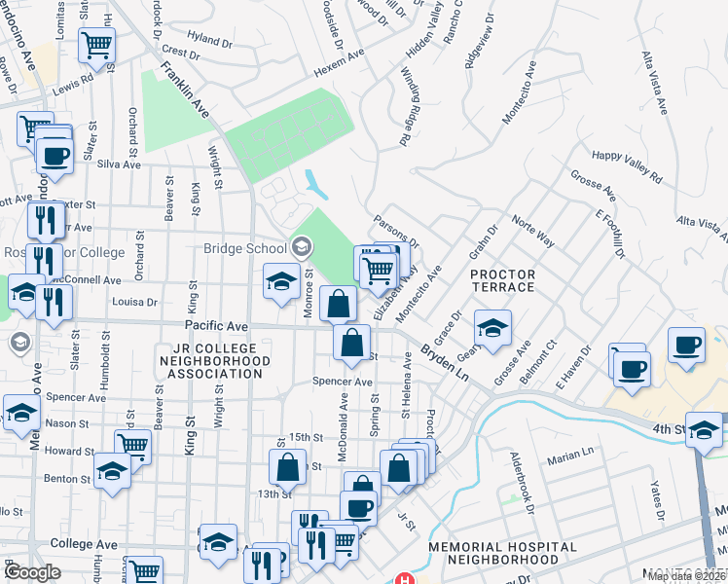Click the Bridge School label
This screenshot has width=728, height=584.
pyautogui.click(x=245, y=248)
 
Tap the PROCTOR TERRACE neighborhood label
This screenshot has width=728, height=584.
pyautogui.click(x=502, y=280)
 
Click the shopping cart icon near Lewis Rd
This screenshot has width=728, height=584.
pyautogui.click(x=96, y=45)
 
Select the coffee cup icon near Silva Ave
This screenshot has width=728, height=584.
pyautogui.click(x=55, y=155)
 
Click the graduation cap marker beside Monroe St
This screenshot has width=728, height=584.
pyautogui.click(x=281, y=282)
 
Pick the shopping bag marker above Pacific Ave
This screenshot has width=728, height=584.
pyautogui.click(x=338, y=304)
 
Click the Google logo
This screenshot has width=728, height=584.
pyautogui.click(x=32, y=572)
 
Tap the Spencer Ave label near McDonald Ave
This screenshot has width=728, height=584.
pyautogui.click(x=343, y=382)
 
